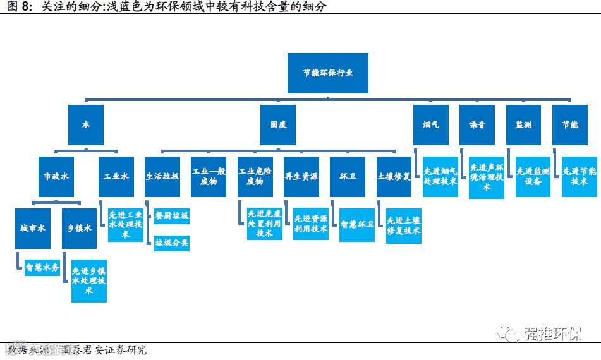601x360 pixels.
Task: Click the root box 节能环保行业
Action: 327,73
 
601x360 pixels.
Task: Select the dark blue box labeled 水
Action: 85,125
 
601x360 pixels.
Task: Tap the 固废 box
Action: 277,125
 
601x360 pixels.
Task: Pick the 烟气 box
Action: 431,125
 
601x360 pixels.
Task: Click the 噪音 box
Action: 477,125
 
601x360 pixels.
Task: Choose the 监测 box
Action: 523,125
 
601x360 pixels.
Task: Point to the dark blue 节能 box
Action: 569,125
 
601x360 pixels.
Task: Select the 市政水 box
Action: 56,176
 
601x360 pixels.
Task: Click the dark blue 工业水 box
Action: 116,176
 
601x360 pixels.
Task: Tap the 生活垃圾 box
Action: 162,176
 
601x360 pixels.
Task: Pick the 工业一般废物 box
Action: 209,176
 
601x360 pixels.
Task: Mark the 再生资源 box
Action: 301,176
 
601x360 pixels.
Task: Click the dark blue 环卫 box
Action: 347,176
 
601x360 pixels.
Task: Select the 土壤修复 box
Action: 393,176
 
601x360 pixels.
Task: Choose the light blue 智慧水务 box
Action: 42,268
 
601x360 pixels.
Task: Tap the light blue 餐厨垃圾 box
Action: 172,216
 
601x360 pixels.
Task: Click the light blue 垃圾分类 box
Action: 172,243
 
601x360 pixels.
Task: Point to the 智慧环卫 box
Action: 357,224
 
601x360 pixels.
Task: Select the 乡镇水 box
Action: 80,228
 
